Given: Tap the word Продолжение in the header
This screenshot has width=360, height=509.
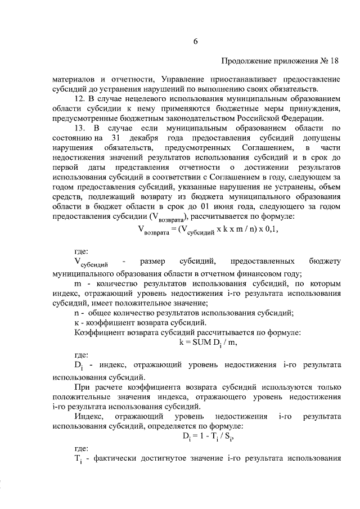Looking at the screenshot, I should pyautogui.click(x=246, y=60).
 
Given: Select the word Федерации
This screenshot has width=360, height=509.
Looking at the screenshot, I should pyautogui.click(x=304, y=118).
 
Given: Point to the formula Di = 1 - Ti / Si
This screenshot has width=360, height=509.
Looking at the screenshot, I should pyautogui.click(x=209, y=436).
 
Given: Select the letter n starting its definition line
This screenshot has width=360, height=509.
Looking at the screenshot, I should pyautogui.click(x=77, y=313).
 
